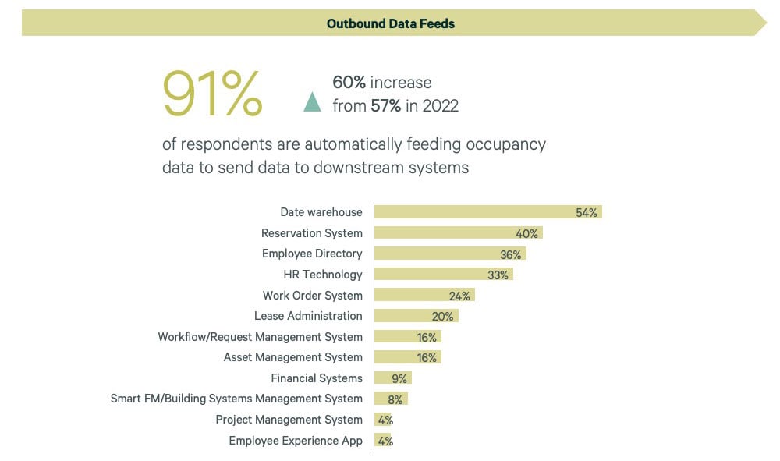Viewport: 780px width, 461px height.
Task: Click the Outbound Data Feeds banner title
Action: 390,23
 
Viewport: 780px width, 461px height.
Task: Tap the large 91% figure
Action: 212,94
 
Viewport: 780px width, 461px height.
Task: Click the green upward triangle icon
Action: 312,102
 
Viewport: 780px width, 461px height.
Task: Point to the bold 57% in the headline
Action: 385,106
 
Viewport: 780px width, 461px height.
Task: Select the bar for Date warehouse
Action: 487,212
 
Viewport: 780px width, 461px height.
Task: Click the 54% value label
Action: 587,212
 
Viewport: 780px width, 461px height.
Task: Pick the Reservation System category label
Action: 311,233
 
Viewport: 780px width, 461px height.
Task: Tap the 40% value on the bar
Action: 526,233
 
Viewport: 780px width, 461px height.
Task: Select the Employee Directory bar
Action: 450,254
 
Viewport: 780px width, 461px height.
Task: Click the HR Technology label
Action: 323,275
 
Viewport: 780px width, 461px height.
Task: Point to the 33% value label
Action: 498,275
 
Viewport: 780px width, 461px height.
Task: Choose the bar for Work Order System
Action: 424,296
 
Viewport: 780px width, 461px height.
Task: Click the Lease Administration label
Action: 308,316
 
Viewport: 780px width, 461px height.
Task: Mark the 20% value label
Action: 442,316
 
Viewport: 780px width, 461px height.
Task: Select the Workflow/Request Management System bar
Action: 407,337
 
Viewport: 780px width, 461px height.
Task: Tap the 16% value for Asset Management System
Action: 427,357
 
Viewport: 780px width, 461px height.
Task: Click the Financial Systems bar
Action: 392,378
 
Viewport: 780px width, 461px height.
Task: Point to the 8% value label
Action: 395,399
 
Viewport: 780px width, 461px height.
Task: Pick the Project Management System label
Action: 289,420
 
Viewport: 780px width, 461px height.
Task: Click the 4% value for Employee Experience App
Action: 385,441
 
